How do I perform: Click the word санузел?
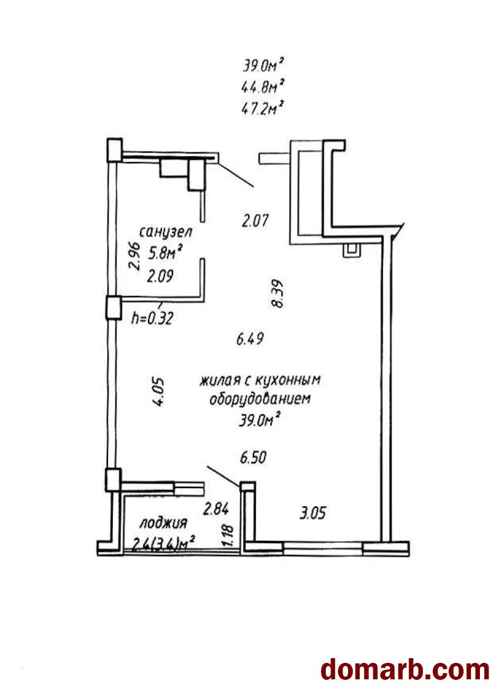tap(165, 232)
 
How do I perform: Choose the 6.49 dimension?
tap(250, 339)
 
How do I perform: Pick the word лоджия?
tap(164, 524)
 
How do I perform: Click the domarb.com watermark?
tap(405, 669)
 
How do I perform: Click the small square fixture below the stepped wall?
tap(350, 250)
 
